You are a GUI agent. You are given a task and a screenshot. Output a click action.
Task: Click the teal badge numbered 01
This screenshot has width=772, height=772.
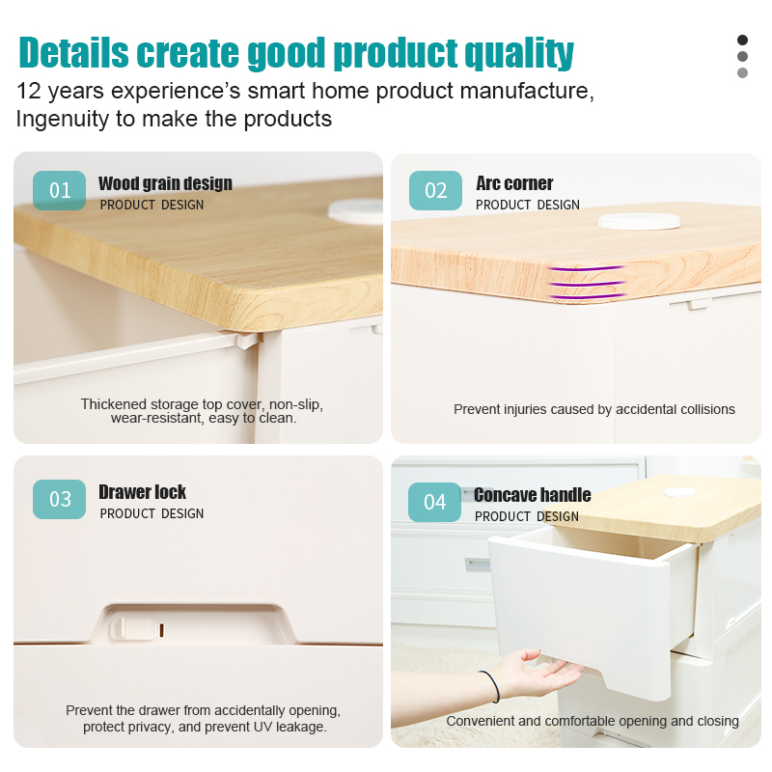tap(59, 190)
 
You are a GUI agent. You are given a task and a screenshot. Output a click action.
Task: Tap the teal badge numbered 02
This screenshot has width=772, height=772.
tap(435, 190)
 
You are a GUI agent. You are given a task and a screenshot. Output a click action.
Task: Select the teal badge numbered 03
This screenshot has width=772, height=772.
tap(59, 499)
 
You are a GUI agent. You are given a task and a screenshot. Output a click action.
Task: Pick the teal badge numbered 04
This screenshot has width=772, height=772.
tap(434, 502)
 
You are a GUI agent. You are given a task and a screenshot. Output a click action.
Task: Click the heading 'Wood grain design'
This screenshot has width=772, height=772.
tap(165, 183)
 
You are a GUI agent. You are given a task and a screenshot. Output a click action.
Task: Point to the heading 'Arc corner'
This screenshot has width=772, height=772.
tap(514, 183)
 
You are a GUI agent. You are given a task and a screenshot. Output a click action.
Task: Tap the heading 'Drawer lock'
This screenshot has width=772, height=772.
tap(142, 492)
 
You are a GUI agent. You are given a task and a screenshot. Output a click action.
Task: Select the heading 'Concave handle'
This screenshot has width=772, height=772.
tap(533, 495)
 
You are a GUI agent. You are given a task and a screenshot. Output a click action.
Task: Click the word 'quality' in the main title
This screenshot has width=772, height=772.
tap(519, 53)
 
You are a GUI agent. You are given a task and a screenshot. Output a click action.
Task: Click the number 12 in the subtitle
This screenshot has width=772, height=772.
tap(29, 91)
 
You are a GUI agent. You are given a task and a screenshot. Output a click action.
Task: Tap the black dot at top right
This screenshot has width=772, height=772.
tap(742, 40)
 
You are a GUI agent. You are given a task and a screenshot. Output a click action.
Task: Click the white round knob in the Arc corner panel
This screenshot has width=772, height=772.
tap(639, 221)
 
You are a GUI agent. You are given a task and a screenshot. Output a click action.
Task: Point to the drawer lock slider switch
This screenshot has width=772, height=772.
tap(133, 629)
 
